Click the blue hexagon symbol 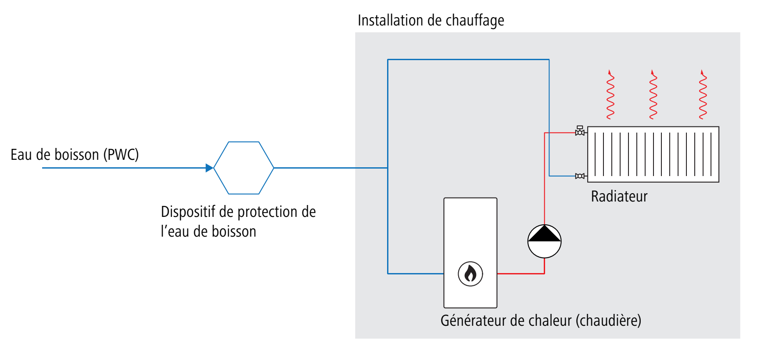(x=244, y=168)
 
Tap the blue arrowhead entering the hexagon (x=209, y=168)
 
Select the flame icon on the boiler (x=470, y=274)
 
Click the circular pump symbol (x=544, y=241)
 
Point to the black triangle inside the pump (x=544, y=234)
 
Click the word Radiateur (x=619, y=196)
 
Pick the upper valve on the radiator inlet (x=580, y=131)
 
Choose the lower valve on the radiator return (x=580, y=176)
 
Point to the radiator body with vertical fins (x=653, y=154)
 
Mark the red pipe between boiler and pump (x=520, y=274)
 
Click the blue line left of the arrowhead (x=123, y=168)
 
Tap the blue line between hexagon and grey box (x=314, y=168)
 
